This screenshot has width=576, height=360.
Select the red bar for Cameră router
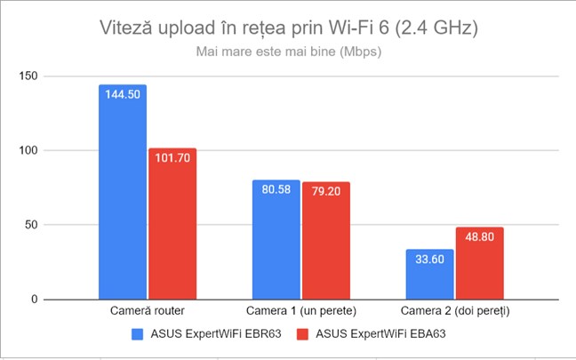(x=172, y=227)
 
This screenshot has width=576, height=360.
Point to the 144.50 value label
(x=123, y=93)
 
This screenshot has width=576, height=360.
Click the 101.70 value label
(x=172, y=157)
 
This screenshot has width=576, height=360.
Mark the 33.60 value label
(x=430, y=260)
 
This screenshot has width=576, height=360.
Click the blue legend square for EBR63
(x=138, y=334)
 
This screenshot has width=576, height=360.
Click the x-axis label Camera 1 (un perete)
(x=301, y=312)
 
